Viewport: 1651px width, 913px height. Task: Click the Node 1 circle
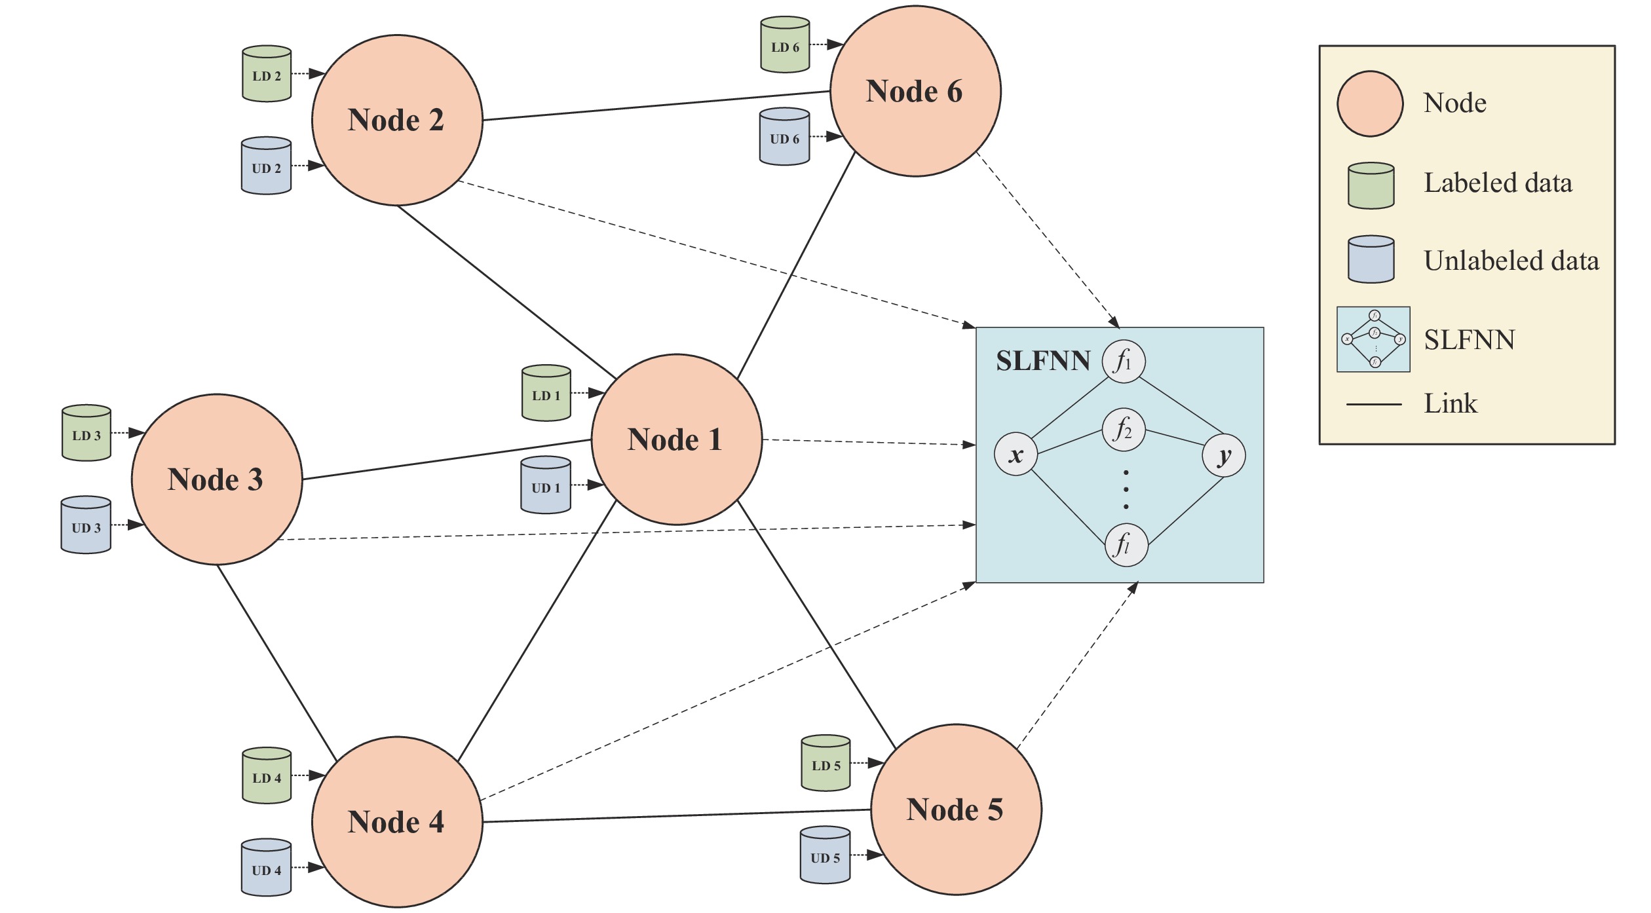tap(677, 439)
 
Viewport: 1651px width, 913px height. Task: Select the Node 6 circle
tap(915, 91)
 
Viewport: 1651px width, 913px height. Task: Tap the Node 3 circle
tap(217, 479)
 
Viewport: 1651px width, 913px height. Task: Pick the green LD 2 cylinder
tap(267, 74)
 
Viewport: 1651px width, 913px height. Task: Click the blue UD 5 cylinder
tap(825, 855)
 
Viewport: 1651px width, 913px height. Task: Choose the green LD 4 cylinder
tap(267, 775)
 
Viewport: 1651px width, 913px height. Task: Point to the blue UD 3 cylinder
tap(86, 525)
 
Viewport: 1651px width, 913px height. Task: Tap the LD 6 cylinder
tap(785, 45)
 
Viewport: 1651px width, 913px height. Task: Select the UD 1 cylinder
tap(546, 485)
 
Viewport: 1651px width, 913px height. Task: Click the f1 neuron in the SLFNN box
tap(1124, 361)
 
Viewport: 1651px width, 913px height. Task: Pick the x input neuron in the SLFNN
tap(1015, 454)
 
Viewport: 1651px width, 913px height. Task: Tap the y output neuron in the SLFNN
tap(1224, 455)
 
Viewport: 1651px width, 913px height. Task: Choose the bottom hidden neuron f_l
tap(1126, 545)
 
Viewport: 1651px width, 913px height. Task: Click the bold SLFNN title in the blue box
tap(1043, 361)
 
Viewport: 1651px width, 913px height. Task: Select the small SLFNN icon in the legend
tap(1373, 339)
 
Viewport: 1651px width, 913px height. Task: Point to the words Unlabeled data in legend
tap(1511, 261)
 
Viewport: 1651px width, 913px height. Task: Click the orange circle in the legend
tap(1370, 103)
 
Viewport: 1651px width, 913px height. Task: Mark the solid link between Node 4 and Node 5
tap(677, 816)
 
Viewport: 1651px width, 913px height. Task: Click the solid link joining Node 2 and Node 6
tap(656, 105)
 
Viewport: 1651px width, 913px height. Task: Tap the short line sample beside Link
tap(1374, 404)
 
